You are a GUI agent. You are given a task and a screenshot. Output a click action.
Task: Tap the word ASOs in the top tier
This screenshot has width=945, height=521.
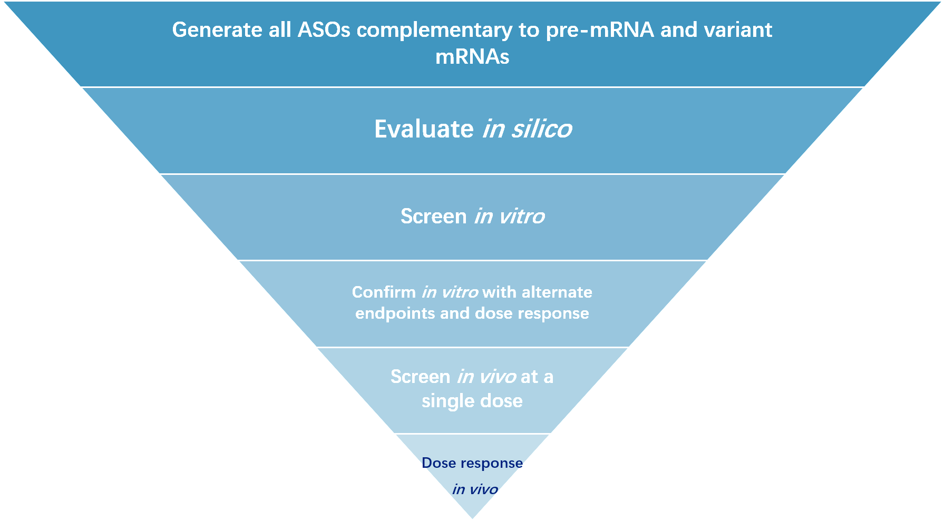pos(324,30)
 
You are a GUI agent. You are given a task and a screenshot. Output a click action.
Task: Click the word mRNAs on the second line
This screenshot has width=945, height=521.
pos(472,56)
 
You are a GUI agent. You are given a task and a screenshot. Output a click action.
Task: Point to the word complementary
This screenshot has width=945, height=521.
pos(434,31)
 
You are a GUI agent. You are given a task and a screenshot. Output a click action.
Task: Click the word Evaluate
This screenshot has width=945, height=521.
pos(424,129)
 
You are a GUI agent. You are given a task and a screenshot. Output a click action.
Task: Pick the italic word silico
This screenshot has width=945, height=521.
pos(541,129)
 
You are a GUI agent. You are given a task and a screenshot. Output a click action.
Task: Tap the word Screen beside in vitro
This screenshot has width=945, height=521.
pos(434,217)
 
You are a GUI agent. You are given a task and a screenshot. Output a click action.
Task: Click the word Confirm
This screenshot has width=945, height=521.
pos(384,292)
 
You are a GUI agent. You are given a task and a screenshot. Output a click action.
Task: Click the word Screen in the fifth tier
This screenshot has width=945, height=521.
pos(421,377)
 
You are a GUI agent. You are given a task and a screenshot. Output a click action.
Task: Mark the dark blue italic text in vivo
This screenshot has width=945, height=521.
pos(475,489)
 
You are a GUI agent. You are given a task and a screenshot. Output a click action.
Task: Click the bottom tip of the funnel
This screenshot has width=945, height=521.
pos(472,518)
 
